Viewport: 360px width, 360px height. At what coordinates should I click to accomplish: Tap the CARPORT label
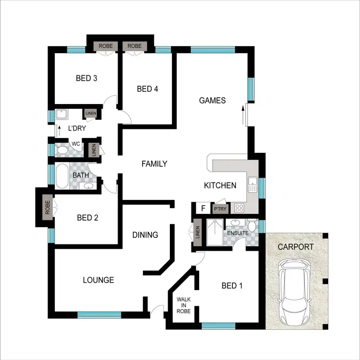pyautogui.click(x=295, y=247)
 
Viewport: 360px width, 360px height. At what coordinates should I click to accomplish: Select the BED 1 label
pyautogui.click(x=231, y=286)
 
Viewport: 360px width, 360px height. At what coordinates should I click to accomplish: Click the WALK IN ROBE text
pyautogui.click(x=183, y=305)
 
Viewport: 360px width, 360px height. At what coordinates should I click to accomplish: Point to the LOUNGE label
pyautogui.click(x=98, y=280)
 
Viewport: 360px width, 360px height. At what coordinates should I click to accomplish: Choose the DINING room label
pyautogui.click(x=145, y=235)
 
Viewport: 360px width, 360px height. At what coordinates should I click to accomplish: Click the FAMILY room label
pyautogui.click(x=154, y=164)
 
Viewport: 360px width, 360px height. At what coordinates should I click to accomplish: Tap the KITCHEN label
pyautogui.click(x=220, y=186)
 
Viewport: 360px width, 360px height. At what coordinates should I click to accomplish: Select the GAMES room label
pyautogui.click(x=212, y=100)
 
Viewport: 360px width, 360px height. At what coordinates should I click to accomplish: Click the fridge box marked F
pyautogui.click(x=203, y=209)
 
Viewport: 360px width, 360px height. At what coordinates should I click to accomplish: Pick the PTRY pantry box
pyautogui.click(x=220, y=209)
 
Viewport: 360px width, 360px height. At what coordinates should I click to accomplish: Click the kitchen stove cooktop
pyautogui.click(x=238, y=208)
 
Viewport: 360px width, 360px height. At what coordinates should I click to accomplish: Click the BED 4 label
pyautogui.click(x=147, y=89)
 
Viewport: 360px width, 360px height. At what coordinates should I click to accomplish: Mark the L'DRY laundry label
pyautogui.click(x=76, y=128)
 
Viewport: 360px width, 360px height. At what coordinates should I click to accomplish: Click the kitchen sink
pyautogui.click(x=252, y=184)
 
